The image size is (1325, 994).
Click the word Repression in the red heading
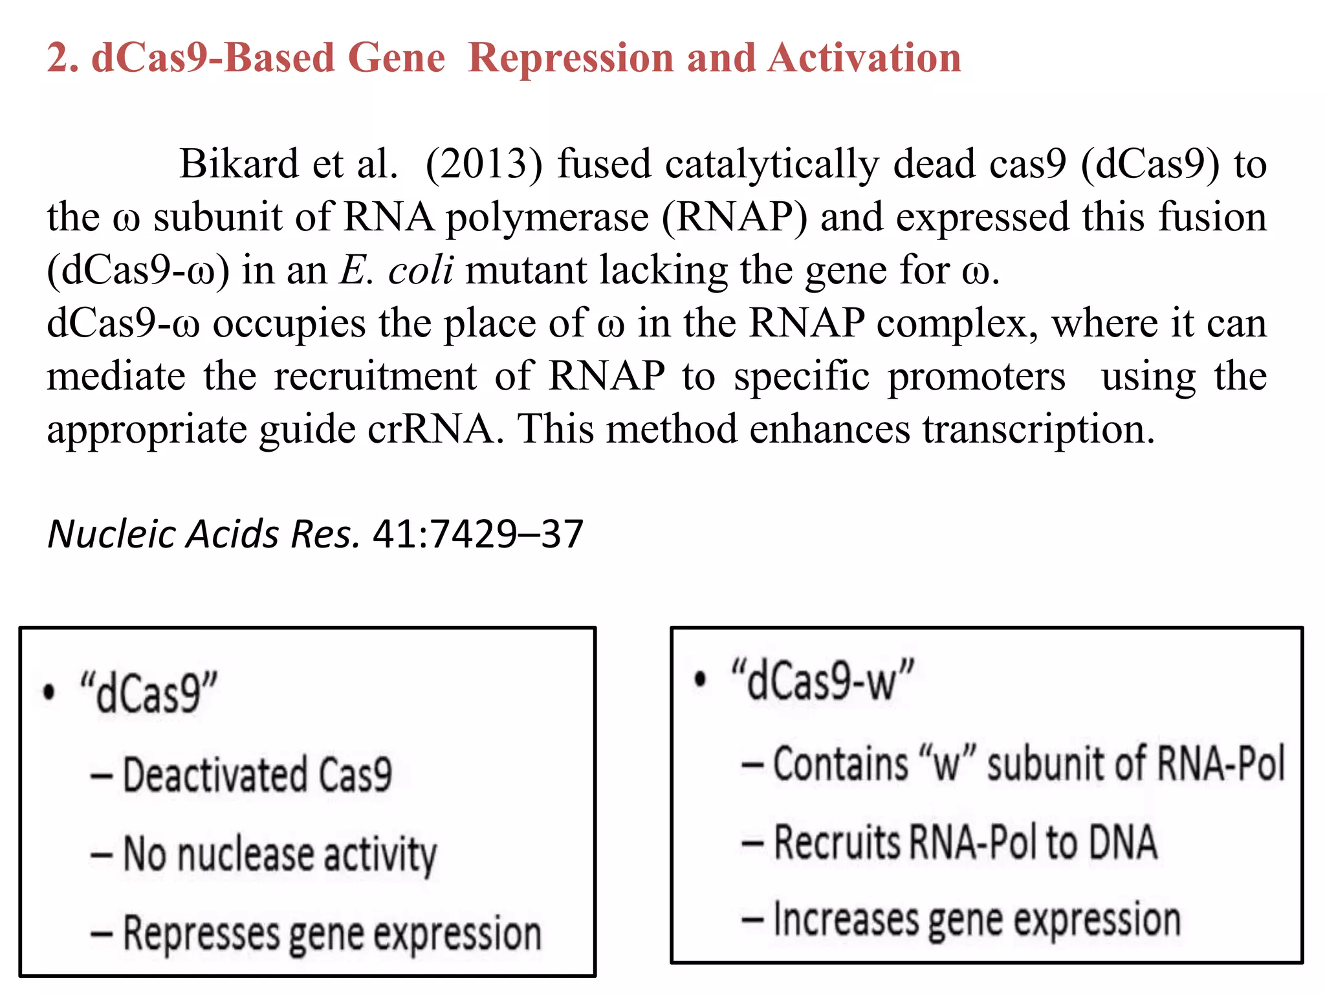pos(571,58)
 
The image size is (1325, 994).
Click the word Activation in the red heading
pos(864,58)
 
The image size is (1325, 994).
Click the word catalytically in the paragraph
pos(772,164)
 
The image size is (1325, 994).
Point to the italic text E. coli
pos(396,270)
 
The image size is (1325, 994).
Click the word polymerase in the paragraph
pos(547,217)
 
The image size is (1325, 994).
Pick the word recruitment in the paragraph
pos(375,377)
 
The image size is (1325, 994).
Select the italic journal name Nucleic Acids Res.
pos(203,535)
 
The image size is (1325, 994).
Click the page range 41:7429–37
pos(478,535)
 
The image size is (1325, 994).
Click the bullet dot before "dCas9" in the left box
pos(49,692)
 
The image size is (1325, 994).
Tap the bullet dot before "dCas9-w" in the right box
pos(699,679)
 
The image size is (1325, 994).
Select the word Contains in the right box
pos(840,764)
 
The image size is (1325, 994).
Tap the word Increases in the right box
pos(846,920)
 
